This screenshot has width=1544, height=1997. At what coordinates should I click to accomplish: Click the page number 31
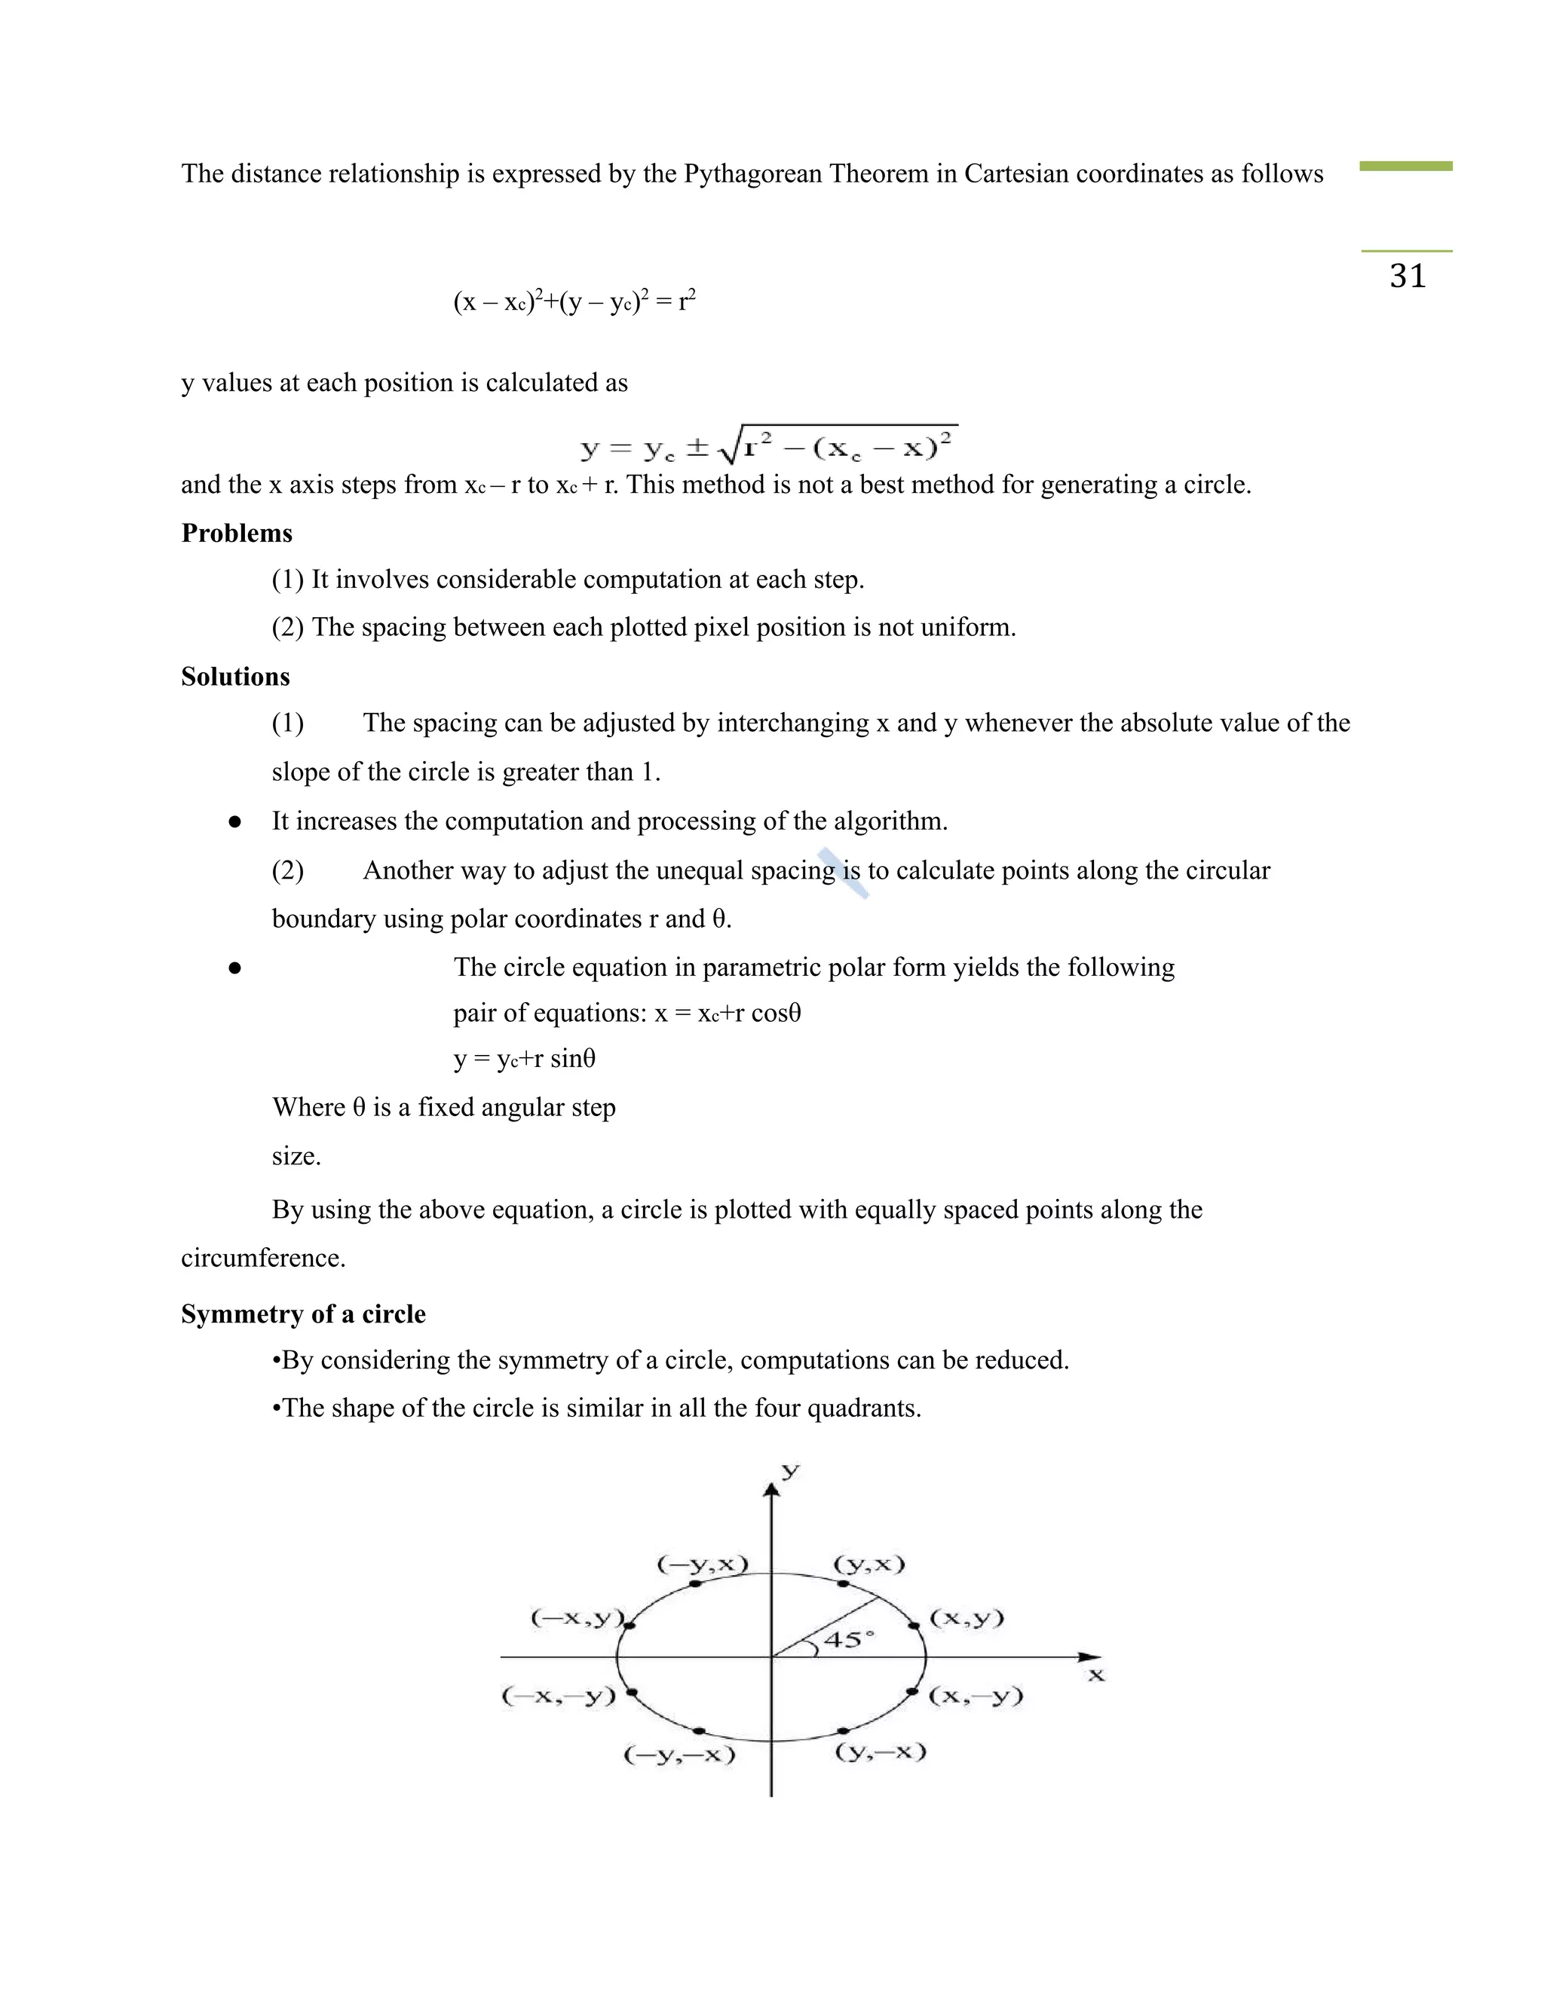(x=1408, y=276)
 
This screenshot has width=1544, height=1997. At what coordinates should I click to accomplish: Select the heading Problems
(x=237, y=533)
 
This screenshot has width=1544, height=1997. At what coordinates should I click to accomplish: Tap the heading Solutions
(x=235, y=677)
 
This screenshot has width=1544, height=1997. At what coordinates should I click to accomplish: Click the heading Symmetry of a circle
(x=303, y=1314)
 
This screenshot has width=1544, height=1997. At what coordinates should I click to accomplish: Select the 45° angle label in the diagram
(x=848, y=1640)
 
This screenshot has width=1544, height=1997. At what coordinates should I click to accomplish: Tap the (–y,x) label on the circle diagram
(x=702, y=1564)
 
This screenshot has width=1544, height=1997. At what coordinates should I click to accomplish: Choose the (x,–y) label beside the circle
(x=975, y=1696)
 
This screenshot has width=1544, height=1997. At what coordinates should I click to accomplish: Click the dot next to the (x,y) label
(x=913, y=1625)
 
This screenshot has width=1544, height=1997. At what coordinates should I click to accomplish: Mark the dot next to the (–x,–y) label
(x=631, y=1693)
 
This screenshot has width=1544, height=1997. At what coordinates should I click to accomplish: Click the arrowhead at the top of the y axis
(x=772, y=1491)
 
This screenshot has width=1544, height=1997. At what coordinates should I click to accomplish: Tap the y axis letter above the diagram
(x=790, y=1470)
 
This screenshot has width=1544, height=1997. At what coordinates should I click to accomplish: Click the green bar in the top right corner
(x=1406, y=167)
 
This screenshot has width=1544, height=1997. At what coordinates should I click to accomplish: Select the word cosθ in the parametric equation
(x=776, y=1013)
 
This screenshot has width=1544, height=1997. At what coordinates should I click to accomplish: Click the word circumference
(x=263, y=1258)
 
